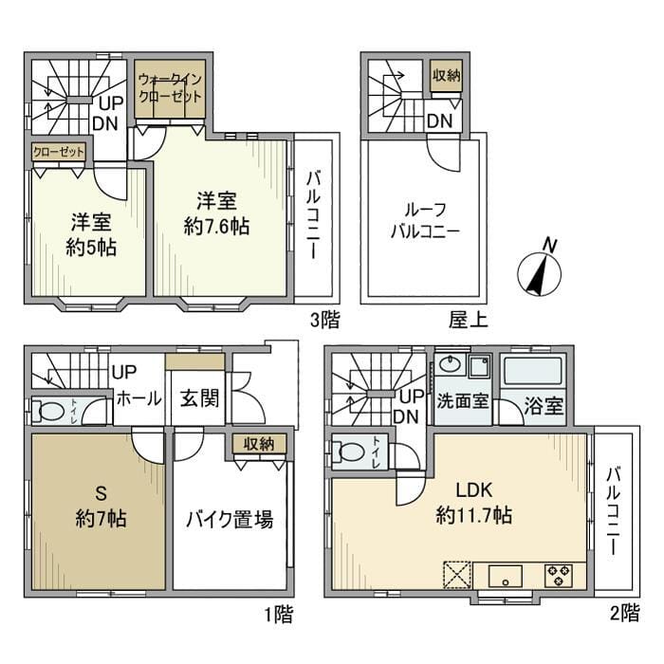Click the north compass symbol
click(x=533, y=271)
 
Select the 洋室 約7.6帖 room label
click(x=217, y=213)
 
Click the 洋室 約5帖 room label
click(x=89, y=234)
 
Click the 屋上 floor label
click(x=468, y=322)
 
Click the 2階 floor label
click(x=624, y=615)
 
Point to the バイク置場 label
click(x=229, y=519)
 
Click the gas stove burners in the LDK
click(x=558, y=575)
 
